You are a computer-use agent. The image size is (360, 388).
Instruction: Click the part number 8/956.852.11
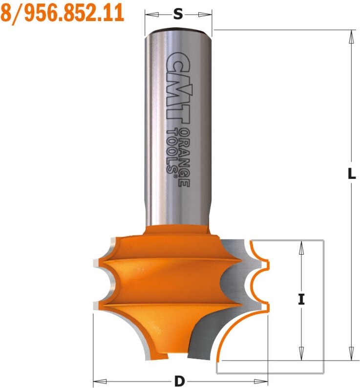[x=62, y=13]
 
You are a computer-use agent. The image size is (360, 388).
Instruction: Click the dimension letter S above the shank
[x=178, y=14]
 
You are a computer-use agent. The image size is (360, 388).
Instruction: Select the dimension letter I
[x=301, y=300]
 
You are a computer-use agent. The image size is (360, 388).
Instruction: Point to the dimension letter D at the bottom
[x=180, y=381]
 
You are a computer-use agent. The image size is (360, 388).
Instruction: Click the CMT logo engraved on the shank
[x=176, y=89]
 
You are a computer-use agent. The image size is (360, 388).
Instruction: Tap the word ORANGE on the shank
[x=184, y=158]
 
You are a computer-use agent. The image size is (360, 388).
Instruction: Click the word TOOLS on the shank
[x=172, y=151]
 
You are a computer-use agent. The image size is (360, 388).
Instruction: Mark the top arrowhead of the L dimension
[x=351, y=37]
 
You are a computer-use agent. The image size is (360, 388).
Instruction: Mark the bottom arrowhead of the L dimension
[x=351, y=353]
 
